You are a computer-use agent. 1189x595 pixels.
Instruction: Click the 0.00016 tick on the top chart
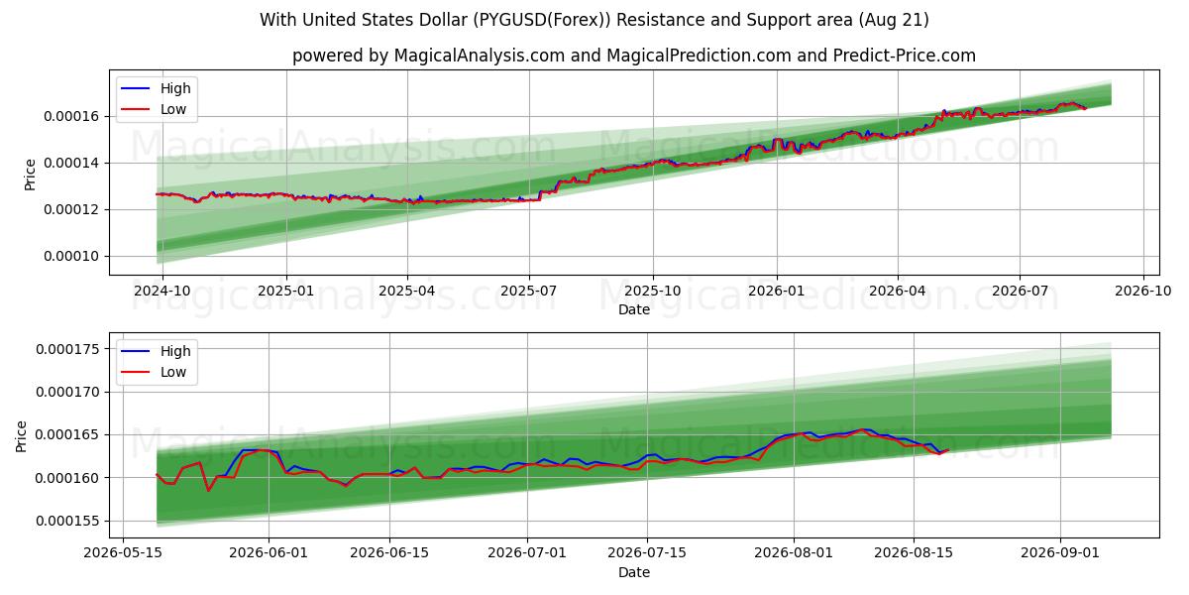click(x=71, y=116)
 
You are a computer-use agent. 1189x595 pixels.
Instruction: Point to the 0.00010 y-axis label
click(x=71, y=256)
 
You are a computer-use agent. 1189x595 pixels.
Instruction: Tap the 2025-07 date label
click(x=529, y=292)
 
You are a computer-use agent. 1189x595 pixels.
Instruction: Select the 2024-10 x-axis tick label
click(x=162, y=292)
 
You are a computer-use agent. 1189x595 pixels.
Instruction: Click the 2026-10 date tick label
click(x=1142, y=292)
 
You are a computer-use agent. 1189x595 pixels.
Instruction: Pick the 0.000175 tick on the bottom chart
click(x=67, y=349)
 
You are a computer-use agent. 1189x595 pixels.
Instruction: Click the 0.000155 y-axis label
click(x=67, y=522)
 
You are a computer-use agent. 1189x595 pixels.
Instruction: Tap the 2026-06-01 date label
click(x=269, y=553)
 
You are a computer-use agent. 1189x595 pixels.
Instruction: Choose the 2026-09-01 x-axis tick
click(x=1060, y=553)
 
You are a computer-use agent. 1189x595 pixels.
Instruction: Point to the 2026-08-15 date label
click(x=914, y=553)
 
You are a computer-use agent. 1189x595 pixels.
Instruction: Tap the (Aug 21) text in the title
click(x=893, y=20)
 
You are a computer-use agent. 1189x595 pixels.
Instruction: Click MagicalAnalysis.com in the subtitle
click(x=480, y=56)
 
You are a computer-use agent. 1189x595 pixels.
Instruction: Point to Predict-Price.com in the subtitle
click(x=904, y=56)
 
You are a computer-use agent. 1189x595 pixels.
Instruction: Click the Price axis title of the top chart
click(x=31, y=175)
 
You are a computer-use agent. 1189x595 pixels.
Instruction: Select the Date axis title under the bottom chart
click(x=634, y=572)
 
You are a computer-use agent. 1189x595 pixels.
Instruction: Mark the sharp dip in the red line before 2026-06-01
click(x=208, y=490)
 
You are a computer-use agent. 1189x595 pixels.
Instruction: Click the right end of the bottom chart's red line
click(x=948, y=450)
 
